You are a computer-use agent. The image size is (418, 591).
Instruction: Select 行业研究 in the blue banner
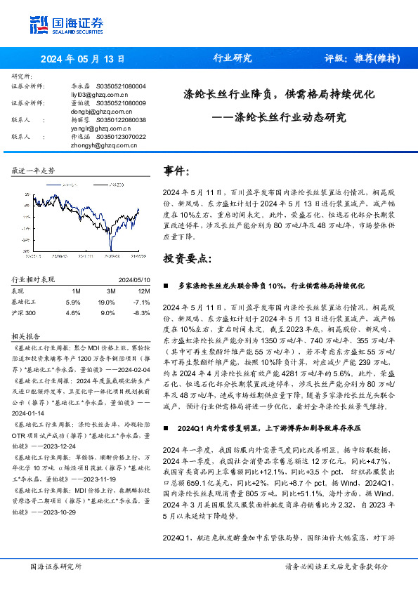(233, 59)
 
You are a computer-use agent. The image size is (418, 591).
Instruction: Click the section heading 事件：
(177, 171)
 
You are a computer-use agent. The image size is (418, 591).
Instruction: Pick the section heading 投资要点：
(187, 258)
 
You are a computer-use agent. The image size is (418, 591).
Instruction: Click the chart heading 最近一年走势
(34, 171)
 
